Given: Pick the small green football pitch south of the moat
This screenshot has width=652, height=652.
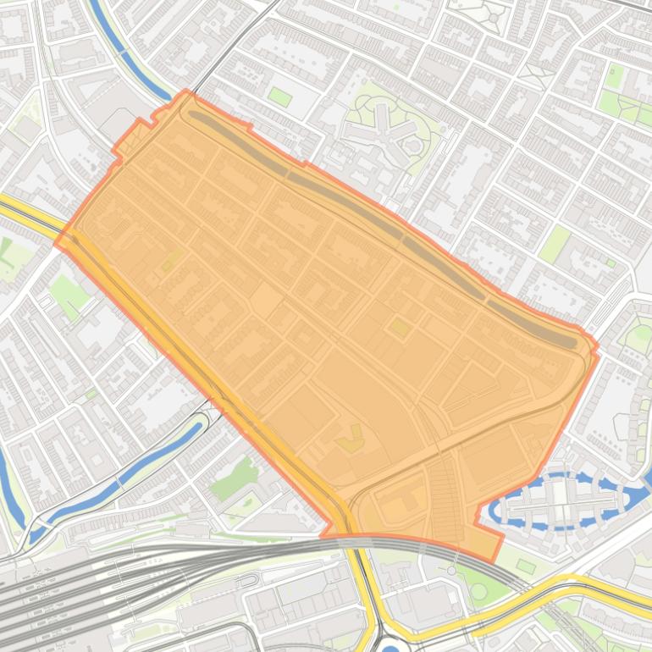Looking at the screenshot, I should pos(526,566).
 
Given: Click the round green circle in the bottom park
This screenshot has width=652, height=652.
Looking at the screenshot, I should pos(478,591).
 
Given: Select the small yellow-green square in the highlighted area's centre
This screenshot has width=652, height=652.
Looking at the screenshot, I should pos(398,326).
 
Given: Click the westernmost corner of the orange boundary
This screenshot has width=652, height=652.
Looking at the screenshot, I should pos(57,243).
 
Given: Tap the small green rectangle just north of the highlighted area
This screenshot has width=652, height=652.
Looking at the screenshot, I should pos(279,97).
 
